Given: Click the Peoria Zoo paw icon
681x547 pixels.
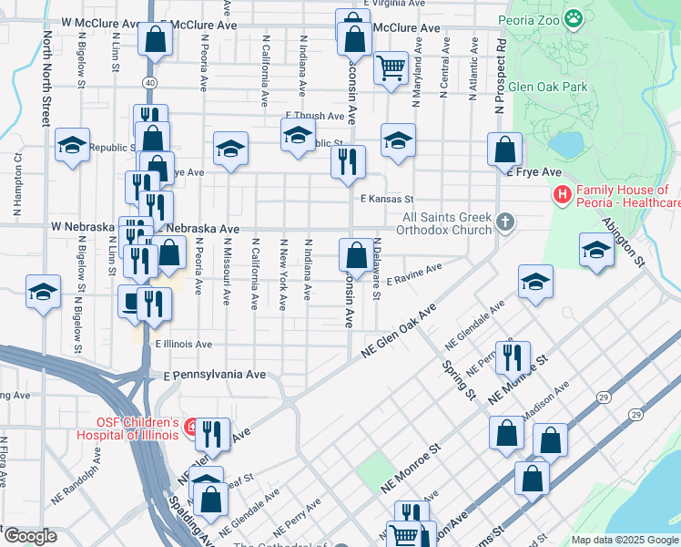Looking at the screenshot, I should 573,17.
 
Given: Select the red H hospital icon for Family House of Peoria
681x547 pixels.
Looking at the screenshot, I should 562,195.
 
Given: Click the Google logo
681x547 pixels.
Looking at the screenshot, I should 29,536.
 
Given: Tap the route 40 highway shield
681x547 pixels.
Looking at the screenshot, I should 148,83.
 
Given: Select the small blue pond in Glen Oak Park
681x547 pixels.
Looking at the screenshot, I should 565,145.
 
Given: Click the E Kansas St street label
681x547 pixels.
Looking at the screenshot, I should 386,199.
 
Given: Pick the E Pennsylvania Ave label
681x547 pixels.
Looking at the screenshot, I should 215,375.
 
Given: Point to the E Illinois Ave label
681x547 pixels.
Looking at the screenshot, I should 183,345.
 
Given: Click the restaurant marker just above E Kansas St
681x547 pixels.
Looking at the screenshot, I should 348,162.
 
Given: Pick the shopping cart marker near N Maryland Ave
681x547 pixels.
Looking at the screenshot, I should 391,67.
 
